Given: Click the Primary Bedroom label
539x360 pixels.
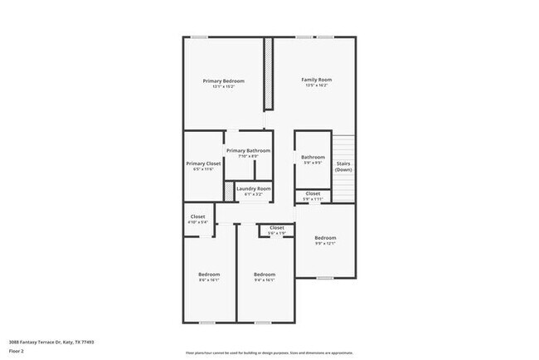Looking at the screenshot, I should point(224,80).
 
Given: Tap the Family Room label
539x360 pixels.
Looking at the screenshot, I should point(316,80).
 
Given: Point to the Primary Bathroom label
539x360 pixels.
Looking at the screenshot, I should point(248,150).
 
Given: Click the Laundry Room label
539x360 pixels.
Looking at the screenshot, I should point(253,188).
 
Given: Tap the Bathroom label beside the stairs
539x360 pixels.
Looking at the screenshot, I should point(313,157).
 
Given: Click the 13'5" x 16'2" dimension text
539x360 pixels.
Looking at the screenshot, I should point(316,85).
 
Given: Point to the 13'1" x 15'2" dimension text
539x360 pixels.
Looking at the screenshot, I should point(224,86).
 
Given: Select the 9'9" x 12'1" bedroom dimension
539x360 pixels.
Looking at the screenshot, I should point(324,244).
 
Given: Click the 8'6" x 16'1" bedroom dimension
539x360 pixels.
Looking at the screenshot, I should point(209,280).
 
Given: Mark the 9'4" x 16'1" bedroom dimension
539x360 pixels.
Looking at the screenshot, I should point(264,280).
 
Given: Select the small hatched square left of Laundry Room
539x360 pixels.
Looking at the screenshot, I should point(230,190).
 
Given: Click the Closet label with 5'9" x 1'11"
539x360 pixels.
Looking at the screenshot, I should point(313,194).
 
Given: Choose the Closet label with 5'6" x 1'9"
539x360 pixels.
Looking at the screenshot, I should point(276,228).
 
